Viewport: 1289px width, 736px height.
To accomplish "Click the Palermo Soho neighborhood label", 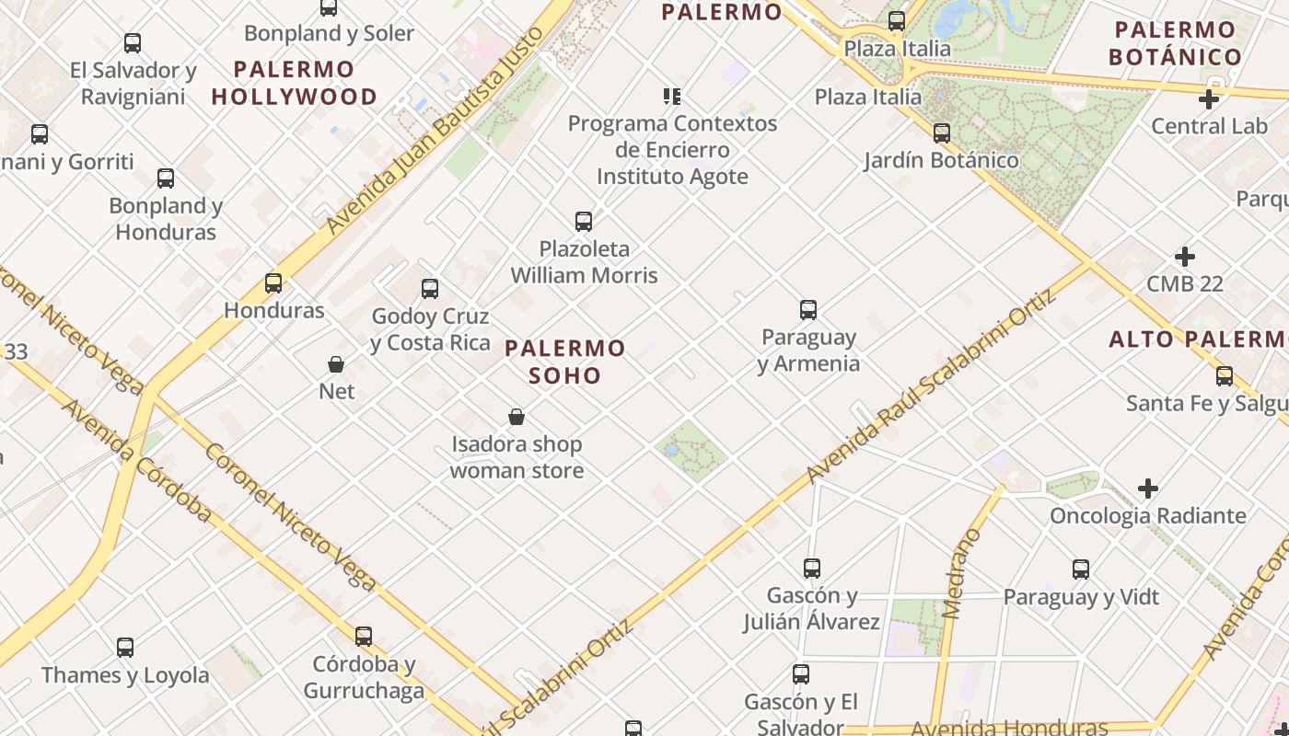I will point(565,362).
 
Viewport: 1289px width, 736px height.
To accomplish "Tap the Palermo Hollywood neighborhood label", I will point(294,83).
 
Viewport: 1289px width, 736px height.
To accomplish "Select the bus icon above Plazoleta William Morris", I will point(584,222).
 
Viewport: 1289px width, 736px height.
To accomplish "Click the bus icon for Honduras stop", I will point(273,283).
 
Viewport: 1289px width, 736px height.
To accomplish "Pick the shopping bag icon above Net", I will point(336,364).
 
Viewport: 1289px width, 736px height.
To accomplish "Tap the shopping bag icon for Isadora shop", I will point(517,418).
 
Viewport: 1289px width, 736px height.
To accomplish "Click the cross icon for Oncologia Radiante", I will point(1147,489).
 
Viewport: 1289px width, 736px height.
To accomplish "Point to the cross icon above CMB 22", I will point(1185,257).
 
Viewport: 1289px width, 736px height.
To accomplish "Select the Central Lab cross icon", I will point(1209,99).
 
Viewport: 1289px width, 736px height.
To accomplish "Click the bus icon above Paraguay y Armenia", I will point(808,310).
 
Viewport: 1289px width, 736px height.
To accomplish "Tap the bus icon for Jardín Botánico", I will point(941,133).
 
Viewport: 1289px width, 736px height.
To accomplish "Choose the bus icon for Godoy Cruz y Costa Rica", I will point(430,289).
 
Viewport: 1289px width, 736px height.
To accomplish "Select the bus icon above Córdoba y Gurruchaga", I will point(364,637).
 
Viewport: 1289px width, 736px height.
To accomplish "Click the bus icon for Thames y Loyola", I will point(125,648).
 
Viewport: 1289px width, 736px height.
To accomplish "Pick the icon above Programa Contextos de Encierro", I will point(672,96).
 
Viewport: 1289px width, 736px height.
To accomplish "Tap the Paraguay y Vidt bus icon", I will point(1081,569).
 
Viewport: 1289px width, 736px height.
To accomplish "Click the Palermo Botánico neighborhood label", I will point(1175,43).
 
